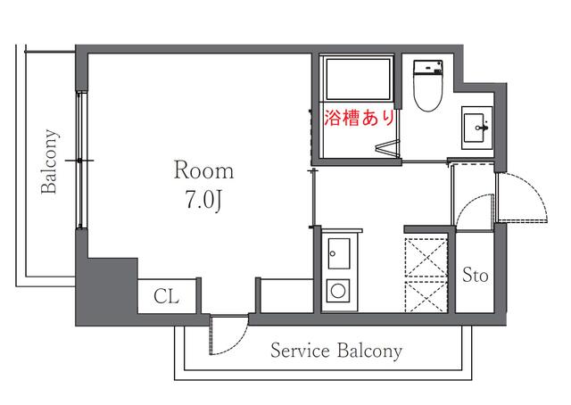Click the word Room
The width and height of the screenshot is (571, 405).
203,170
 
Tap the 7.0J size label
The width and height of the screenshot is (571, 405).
203,200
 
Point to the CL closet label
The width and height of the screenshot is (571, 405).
167,296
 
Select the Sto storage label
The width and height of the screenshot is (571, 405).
476,275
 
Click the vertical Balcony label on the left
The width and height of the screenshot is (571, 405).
50,161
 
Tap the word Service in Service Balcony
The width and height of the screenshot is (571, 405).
300,351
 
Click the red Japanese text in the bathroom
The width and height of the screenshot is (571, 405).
359,118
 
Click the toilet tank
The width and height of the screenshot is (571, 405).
428,68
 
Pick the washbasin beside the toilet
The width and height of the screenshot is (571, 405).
476,128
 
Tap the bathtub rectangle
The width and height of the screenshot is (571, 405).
358,79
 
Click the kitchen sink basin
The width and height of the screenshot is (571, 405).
339,253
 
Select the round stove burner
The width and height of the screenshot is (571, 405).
338,291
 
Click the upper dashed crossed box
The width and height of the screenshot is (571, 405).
426,258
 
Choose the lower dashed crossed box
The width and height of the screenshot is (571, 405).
426,296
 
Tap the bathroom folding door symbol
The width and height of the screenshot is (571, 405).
387,148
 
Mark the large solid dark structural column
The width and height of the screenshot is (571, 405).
106,288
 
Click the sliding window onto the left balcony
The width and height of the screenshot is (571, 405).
81,161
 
